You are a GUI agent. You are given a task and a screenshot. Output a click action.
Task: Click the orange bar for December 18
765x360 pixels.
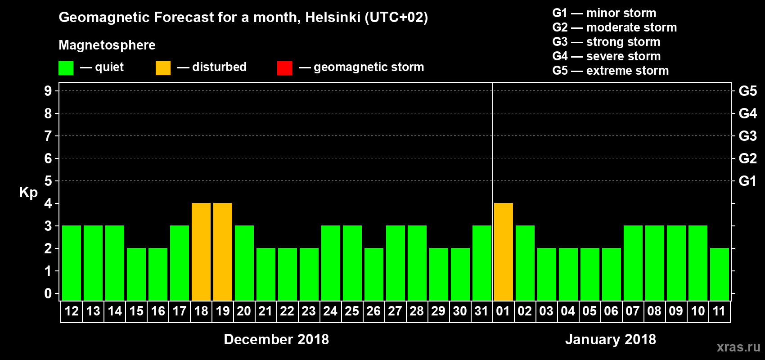click(x=201, y=252)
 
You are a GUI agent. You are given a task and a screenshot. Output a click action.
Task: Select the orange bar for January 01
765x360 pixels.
click(x=504, y=252)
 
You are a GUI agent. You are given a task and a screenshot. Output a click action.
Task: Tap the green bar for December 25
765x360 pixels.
click(x=352, y=263)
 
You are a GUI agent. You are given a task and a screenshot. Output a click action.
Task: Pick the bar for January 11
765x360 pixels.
click(x=720, y=274)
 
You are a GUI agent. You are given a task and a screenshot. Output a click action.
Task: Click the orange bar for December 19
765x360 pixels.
click(x=223, y=252)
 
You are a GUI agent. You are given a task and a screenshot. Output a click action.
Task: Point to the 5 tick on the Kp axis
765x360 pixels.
click(x=48, y=181)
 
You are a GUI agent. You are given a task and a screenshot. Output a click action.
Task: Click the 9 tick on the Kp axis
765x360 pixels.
click(x=48, y=91)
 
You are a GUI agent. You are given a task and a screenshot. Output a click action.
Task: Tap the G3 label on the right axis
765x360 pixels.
click(x=747, y=136)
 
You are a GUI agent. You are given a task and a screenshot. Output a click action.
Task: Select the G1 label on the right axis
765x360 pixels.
click(x=747, y=181)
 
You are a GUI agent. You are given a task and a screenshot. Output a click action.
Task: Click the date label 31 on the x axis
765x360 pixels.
click(x=481, y=311)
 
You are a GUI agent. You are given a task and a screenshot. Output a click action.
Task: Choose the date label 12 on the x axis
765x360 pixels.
click(x=72, y=311)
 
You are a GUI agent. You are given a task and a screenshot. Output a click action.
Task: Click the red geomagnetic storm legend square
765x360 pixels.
click(x=284, y=68)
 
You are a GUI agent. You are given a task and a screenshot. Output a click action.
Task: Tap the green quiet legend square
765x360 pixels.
click(x=66, y=68)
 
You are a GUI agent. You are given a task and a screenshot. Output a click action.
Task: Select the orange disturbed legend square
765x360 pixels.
click(x=163, y=68)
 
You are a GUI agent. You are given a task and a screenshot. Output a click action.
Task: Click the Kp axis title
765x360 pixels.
click(x=28, y=192)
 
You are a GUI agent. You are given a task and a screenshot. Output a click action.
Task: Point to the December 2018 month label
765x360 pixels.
click(x=276, y=339)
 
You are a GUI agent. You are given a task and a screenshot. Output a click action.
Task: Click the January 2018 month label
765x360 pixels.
click(x=611, y=339)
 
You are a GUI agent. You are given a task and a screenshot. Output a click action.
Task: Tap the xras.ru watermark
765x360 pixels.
click(x=738, y=346)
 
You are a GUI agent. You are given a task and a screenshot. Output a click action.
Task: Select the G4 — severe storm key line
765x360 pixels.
click(x=607, y=56)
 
